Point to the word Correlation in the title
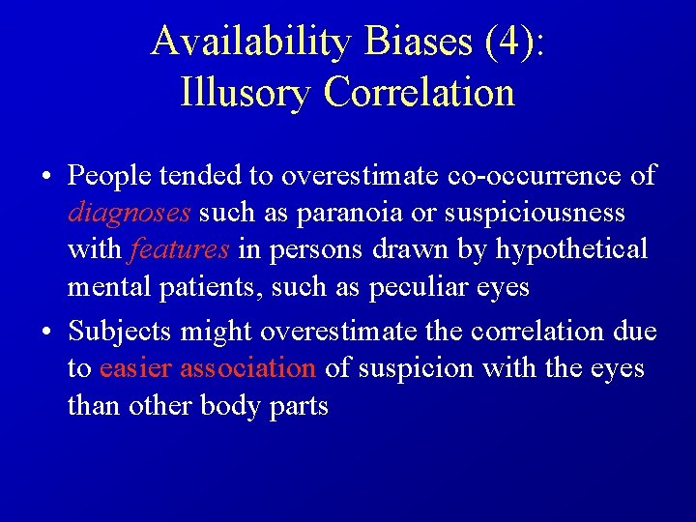(420, 93)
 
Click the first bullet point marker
(46, 177)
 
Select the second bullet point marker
(46, 333)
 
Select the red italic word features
(179, 249)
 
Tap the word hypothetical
(571, 249)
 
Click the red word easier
(135, 368)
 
